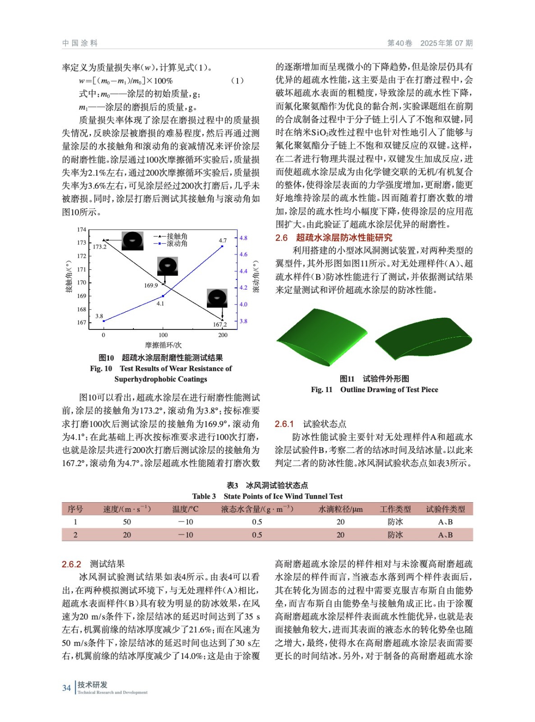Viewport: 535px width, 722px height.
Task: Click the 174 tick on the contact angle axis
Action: [82, 230]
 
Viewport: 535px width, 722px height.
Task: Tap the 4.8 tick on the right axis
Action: [243, 238]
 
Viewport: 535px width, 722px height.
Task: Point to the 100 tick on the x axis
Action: [163, 335]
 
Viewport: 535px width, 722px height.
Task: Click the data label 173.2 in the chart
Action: [100, 247]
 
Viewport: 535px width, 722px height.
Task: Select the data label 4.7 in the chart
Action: [223, 241]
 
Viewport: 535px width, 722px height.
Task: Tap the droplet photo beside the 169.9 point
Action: [168, 266]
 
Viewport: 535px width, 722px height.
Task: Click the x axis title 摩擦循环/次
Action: [163, 345]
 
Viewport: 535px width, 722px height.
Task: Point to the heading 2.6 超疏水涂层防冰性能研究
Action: [334, 238]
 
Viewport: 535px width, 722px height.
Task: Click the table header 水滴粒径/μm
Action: [340, 509]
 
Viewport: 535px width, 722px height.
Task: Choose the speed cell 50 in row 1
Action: [127, 522]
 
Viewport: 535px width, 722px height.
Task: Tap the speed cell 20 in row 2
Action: [127, 535]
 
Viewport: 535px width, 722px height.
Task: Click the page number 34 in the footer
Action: [66, 688]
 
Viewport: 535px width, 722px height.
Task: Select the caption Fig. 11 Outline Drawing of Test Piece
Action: [374, 390]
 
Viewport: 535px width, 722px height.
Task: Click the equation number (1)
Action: [237, 81]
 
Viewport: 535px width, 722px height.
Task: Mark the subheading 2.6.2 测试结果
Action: [93, 564]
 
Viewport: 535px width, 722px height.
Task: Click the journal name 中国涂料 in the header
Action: [80, 43]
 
